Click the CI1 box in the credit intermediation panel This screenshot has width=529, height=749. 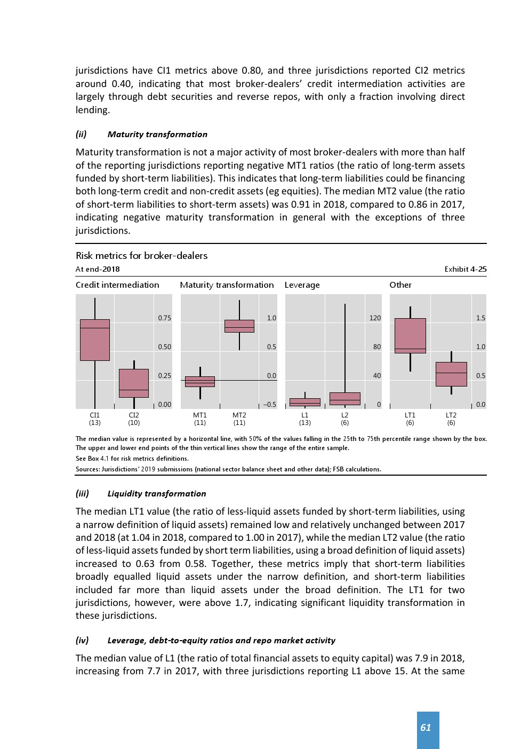click(x=95, y=340)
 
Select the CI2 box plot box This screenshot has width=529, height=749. click(x=134, y=383)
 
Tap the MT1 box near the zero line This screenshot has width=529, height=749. click(x=200, y=382)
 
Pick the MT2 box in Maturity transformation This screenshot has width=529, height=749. click(x=239, y=326)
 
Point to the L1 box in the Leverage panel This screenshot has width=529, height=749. click(x=305, y=402)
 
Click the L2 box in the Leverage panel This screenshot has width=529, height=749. click(x=345, y=398)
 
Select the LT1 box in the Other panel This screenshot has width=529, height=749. click(x=410, y=336)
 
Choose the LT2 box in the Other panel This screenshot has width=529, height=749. click(x=451, y=374)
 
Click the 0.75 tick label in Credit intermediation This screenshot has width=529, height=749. click(x=165, y=318)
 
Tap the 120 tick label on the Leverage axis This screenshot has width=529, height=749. click(x=375, y=318)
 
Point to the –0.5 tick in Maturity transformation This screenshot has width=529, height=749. click(x=270, y=405)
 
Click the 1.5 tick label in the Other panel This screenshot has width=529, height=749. click(x=480, y=318)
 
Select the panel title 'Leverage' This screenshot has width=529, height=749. click(x=302, y=285)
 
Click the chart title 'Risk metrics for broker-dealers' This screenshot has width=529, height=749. click(x=141, y=256)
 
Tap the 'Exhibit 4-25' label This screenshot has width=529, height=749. click(x=465, y=269)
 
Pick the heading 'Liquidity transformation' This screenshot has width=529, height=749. click(x=156, y=494)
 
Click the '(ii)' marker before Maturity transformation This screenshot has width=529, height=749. click(x=81, y=135)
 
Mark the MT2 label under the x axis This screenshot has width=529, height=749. click(x=239, y=415)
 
